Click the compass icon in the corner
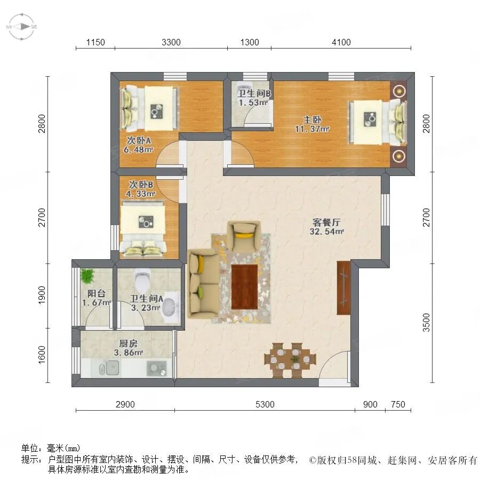21,26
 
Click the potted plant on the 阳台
86,276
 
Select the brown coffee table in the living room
244,285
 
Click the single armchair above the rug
244,236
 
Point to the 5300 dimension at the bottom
265,405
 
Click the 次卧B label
141,184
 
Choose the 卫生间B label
254,93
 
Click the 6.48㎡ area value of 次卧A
138,150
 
